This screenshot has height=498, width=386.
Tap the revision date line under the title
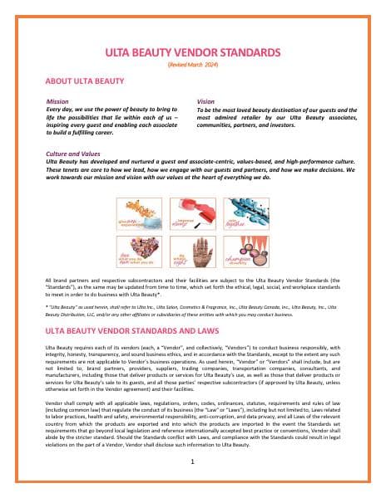(192, 64)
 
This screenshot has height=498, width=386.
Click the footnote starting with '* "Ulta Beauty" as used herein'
(192, 310)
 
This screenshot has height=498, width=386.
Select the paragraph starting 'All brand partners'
(192, 285)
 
